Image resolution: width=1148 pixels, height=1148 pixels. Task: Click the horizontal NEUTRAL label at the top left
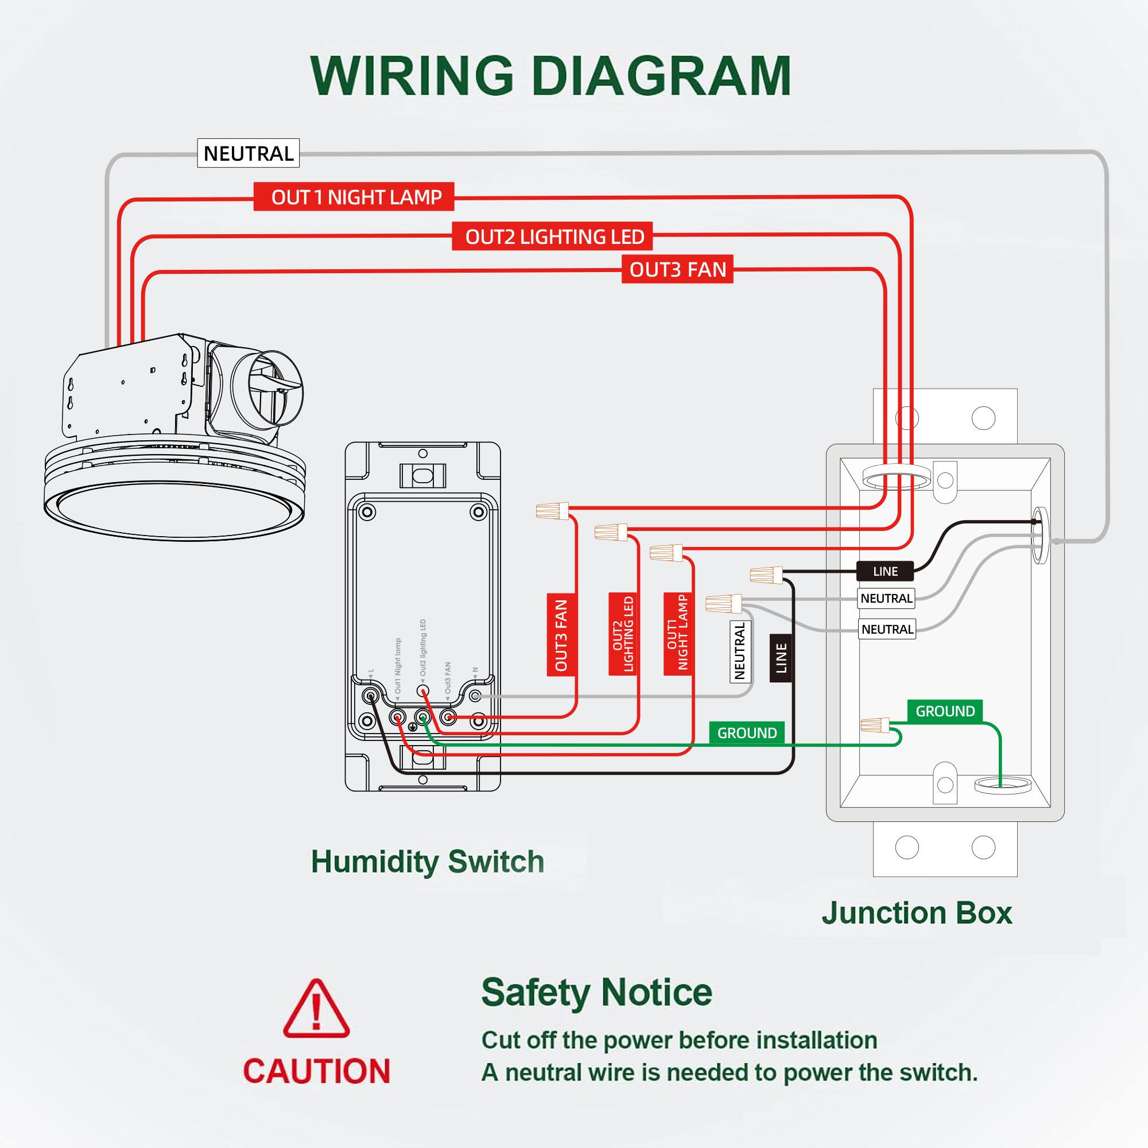tap(248, 153)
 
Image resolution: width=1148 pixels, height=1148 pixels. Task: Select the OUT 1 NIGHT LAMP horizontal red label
tap(354, 197)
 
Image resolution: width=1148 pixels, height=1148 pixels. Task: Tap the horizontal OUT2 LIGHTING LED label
tap(554, 236)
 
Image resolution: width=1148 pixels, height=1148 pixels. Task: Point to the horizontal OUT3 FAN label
tap(677, 269)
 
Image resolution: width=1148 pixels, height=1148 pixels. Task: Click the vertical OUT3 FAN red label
tap(561, 634)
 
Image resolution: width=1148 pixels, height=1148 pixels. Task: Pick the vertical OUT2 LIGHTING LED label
tap(622, 634)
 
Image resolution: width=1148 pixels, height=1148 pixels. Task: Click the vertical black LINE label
tap(781, 658)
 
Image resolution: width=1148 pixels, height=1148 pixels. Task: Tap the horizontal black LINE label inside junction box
tap(885, 571)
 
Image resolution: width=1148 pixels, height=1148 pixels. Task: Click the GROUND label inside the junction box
tap(945, 711)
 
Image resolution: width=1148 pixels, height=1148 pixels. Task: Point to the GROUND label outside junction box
tap(747, 732)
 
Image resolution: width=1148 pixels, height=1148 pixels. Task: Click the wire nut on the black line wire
tap(766, 574)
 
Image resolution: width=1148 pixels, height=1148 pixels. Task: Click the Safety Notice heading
tap(596, 992)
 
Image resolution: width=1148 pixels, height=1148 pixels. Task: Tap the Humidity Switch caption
tap(427, 861)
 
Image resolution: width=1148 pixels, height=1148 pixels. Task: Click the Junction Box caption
tap(916, 913)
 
